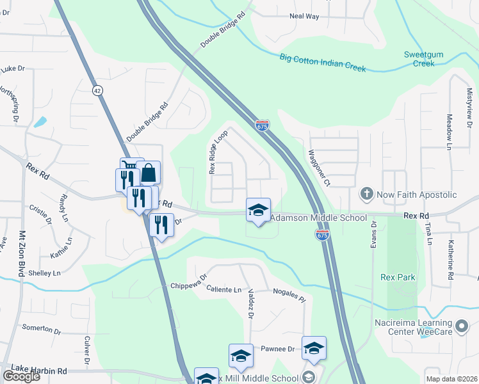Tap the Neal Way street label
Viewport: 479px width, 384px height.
[304, 16]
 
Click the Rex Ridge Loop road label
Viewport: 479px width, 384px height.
[218, 153]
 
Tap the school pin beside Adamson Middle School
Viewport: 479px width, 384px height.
[258, 211]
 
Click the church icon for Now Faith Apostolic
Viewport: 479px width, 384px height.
[367, 193]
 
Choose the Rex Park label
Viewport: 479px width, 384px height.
[398, 277]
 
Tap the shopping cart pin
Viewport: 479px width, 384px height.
[131, 168]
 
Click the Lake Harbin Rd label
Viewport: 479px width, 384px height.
[39, 371]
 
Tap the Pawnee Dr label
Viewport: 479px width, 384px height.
[277, 349]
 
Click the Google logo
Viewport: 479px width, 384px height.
[20, 376]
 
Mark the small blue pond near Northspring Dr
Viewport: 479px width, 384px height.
[40, 121]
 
